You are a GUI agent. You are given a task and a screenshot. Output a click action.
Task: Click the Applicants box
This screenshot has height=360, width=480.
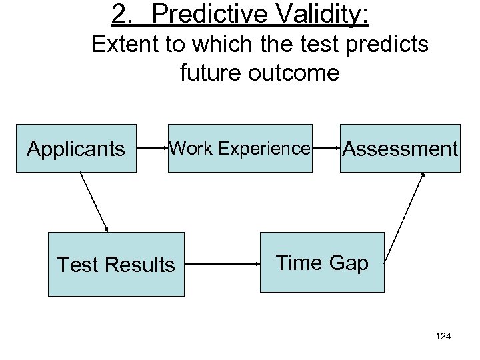76,148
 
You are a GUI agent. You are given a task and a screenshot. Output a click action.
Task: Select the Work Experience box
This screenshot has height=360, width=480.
240,148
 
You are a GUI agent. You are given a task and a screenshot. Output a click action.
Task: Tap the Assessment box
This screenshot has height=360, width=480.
400,148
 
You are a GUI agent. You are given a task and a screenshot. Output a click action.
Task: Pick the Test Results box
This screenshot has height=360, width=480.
116,264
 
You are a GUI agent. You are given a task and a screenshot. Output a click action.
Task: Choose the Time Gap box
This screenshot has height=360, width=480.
322,262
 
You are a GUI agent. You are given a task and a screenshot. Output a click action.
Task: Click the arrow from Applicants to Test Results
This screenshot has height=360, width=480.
94,201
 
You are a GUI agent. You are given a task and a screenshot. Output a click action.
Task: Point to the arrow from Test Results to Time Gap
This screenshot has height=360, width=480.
221,264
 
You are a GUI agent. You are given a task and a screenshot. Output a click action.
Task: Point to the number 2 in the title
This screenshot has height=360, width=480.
120,15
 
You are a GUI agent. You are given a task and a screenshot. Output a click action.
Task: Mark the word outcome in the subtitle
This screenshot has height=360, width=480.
297,72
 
